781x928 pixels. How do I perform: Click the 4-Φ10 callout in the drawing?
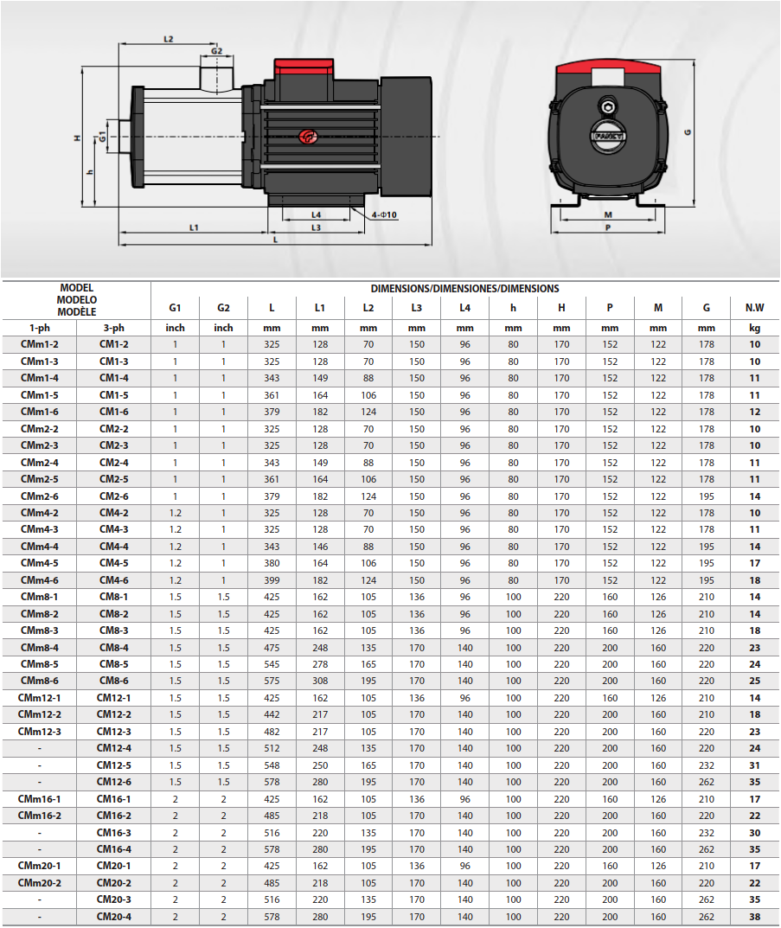coord(384,214)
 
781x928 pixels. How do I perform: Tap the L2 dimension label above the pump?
coord(169,39)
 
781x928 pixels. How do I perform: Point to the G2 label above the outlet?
coord(216,51)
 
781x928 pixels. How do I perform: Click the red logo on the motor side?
coord(308,137)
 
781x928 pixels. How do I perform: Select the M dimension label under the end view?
coord(608,214)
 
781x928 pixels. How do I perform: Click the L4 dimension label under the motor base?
coord(316,214)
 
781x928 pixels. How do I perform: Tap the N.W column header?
coord(754,308)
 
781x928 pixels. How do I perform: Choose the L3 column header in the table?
coord(417,308)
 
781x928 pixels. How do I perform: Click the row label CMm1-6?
coord(40,412)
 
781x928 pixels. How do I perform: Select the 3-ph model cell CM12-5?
coord(113,765)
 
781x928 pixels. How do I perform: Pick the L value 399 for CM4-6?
coord(272,580)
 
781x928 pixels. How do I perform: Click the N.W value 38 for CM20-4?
coord(754,917)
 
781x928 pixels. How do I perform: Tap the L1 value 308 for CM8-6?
coord(320,682)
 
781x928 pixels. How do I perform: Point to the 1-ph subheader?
coord(40,328)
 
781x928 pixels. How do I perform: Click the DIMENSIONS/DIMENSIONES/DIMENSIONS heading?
coord(465,289)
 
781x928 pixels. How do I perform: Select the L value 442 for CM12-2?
coord(272,715)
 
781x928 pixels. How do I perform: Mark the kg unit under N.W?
coord(754,329)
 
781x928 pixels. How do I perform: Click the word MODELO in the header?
coord(77,300)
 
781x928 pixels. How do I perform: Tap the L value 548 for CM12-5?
coord(272,765)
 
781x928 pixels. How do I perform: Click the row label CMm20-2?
coord(40,883)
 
